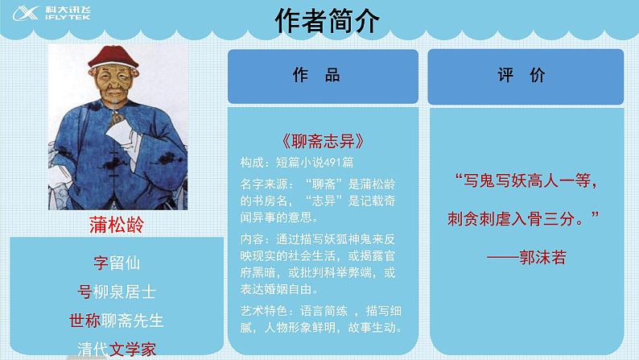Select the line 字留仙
click(116, 262)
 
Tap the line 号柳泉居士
click(116, 291)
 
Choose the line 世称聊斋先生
click(116, 320)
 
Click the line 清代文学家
click(116, 349)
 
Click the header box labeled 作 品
click(324, 76)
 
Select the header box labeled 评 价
click(527, 76)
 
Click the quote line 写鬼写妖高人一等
click(526, 181)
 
